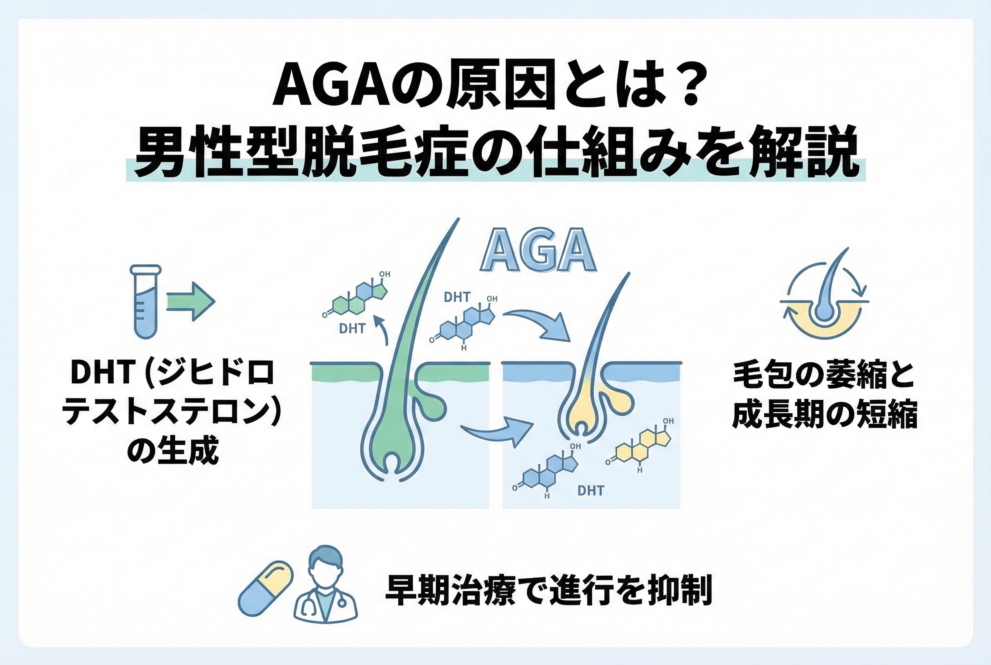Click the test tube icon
tap(145, 302)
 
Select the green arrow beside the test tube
tap(191, 302)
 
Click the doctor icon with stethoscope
tap(325, 585)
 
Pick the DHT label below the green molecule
tap(352, 329)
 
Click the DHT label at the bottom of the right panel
tap(591, 491)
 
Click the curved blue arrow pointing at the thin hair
tap(539, 324)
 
